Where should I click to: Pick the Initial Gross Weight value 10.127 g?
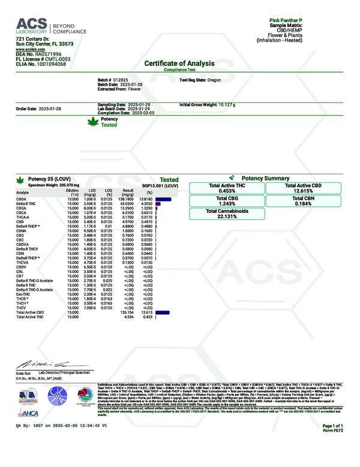click(227, 104)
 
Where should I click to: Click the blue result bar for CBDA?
click(163, 198)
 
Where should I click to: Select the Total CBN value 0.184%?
click(302, 204)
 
